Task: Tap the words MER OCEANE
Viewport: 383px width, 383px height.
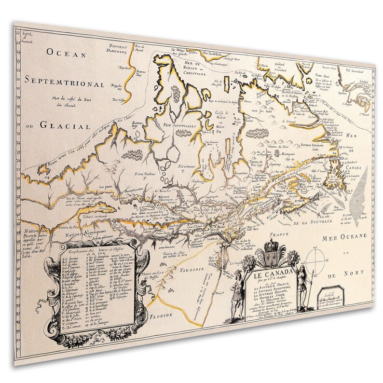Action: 343,235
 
